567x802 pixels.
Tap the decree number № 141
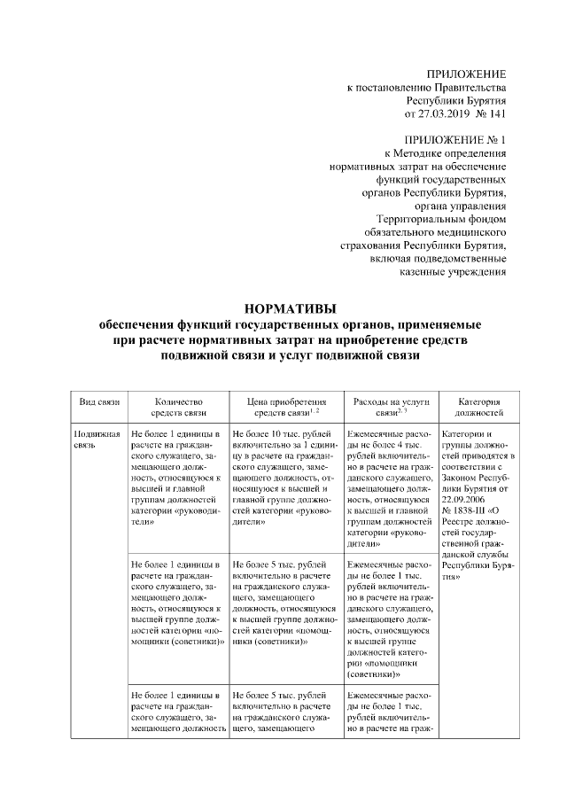click(491, 114)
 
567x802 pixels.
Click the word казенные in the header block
click(442, 272)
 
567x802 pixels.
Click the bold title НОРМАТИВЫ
click(283, 309)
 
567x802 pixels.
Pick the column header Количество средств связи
click(178, 407)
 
